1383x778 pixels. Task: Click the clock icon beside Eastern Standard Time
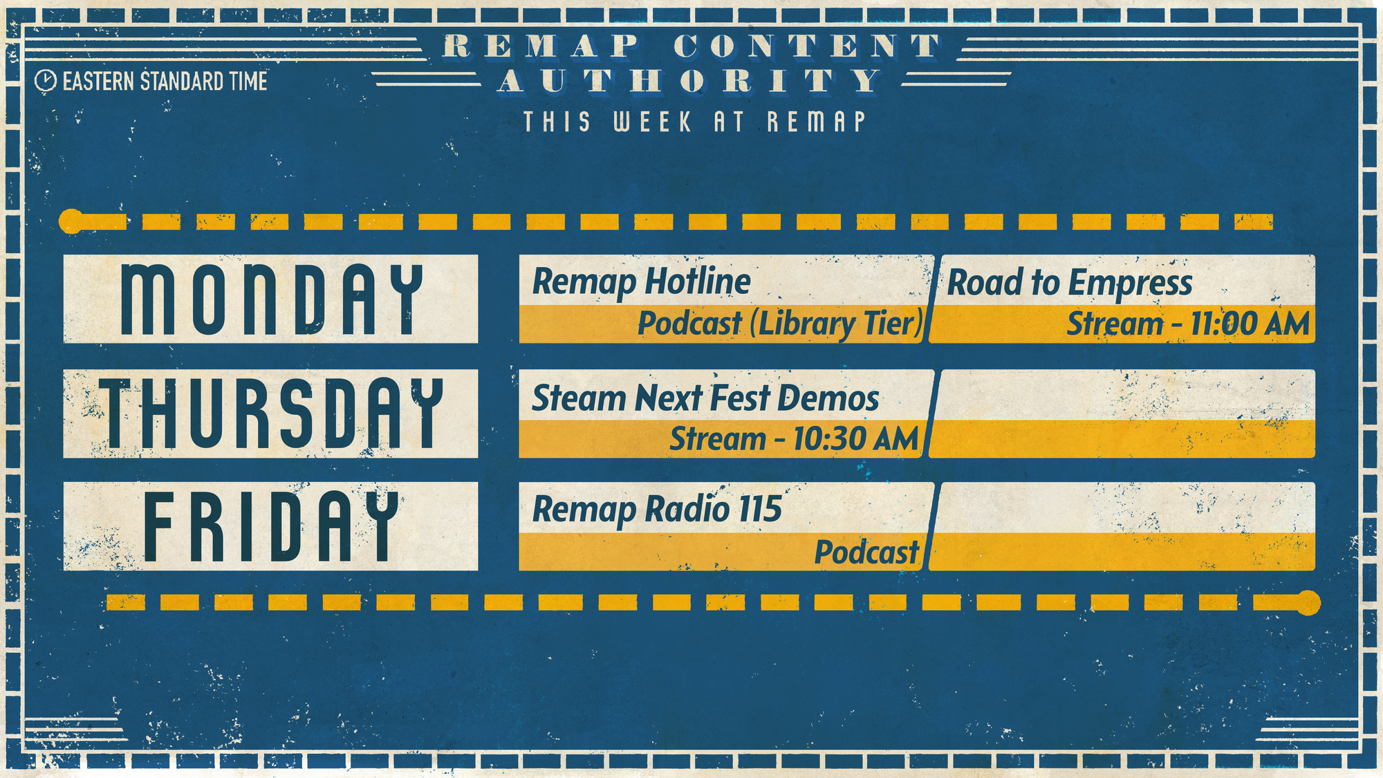[45, 81]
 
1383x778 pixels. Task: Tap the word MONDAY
[272, 299]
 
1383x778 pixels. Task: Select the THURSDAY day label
[271, 414]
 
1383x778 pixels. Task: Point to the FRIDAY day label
[271, 526]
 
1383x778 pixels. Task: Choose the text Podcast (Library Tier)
[780, 324]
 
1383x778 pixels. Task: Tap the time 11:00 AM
[1250, 324]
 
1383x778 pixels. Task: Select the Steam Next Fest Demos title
[705, 398]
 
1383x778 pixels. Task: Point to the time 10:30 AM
[855, 439]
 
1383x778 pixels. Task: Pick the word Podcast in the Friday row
[866, 552]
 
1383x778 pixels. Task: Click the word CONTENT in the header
[807, 46]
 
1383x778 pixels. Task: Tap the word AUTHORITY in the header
[690, 81]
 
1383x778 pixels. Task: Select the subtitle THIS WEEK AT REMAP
[694, 122]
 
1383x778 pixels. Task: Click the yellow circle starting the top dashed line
[71, 221]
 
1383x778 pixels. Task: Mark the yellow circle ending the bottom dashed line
[1308, 602]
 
